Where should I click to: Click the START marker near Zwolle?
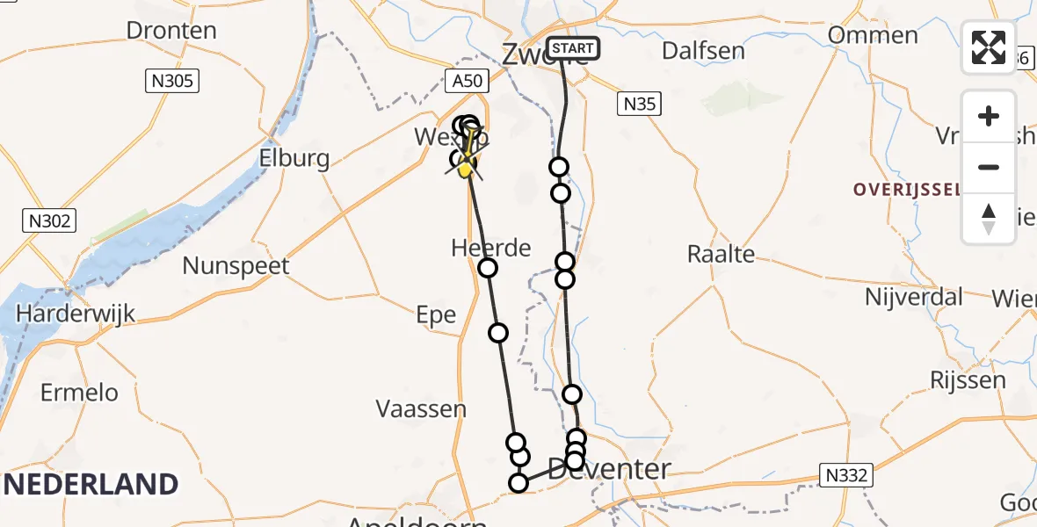[573, 48]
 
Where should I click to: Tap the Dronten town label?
[171, 30]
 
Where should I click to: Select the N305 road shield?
[172, 82]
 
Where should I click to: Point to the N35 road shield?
[639, 104]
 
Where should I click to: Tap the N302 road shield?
[49, 220]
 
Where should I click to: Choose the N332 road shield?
[847, 476]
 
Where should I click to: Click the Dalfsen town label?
[703, 50]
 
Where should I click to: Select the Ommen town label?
[874, 36]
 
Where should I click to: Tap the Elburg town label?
[294, 159]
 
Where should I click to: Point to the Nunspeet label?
[236, 265]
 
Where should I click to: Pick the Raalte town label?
[721, 254]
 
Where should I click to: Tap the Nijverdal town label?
[915, 296]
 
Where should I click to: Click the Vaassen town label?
[421, 408]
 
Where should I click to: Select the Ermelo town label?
[79, 392]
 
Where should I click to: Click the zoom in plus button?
[989, 116]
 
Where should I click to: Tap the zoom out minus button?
[989, 167]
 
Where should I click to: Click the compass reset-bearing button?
[989, 218]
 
